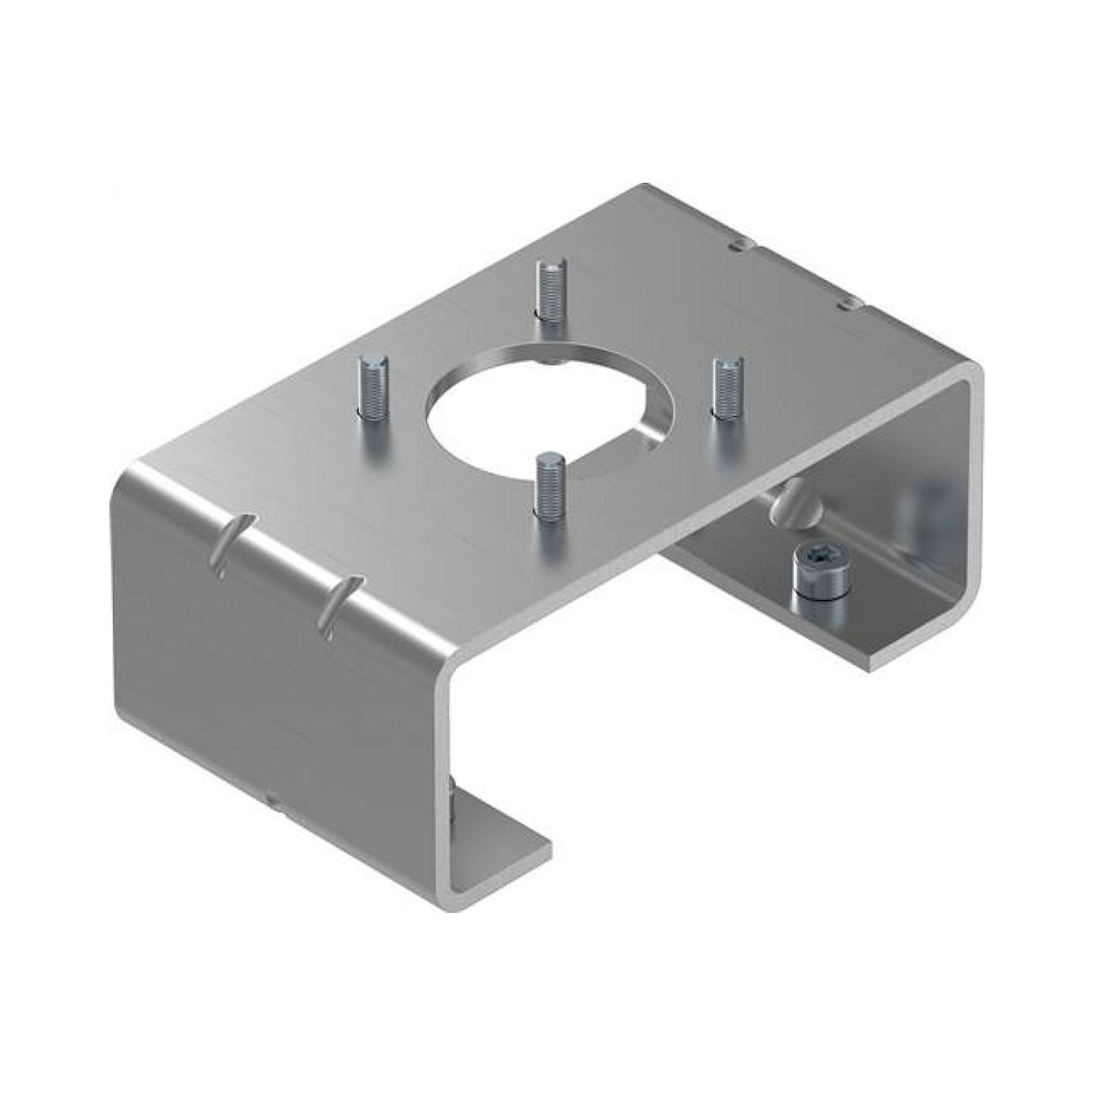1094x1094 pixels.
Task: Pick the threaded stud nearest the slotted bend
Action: [371, 393]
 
